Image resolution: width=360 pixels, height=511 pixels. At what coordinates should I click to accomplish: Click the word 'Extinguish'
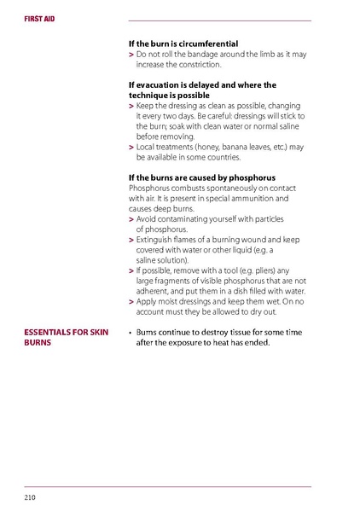point(157,240)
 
